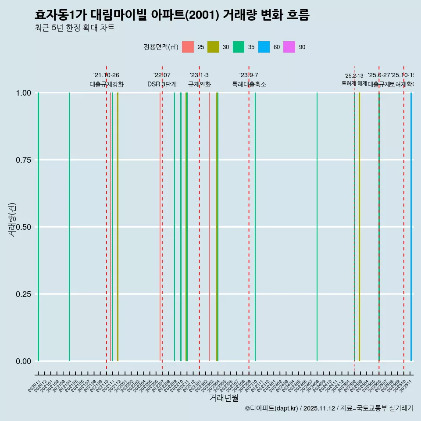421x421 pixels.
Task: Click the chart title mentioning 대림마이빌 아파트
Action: click(x=172, y=15)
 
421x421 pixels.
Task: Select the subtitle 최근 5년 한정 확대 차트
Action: click(x=75, y=28)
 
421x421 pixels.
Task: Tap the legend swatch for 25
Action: click(x=188, y=47)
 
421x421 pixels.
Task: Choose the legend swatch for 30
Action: click(x=213, y=47)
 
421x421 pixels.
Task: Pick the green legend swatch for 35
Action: click(x=239, y=47)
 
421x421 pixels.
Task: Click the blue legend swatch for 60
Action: click(x=264, y=47)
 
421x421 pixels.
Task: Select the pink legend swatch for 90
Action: click(x=289, y=47)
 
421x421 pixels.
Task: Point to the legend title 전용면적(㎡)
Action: click(x=161, y=47)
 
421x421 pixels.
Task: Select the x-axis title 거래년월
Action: click(x=224, y=398)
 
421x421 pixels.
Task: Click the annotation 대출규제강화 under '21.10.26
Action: click(x=107, y=84)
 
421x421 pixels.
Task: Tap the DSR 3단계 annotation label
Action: click(x=162, y=84)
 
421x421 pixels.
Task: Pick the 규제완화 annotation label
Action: click(x=200, y=84)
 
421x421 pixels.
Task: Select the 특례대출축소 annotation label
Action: click(x=249, y=84)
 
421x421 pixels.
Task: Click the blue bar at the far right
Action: click(x=411, y=227)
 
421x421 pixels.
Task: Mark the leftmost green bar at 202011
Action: click(x=39, y=227)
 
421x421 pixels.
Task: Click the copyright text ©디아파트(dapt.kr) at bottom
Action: click(x=272, y=408)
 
